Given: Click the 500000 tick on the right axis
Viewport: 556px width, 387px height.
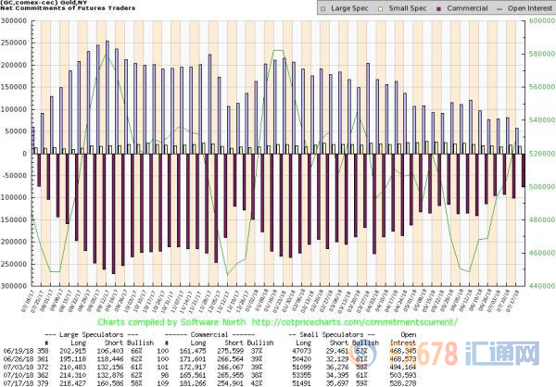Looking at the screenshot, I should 541,186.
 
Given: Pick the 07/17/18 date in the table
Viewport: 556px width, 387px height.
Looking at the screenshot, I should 19,379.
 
